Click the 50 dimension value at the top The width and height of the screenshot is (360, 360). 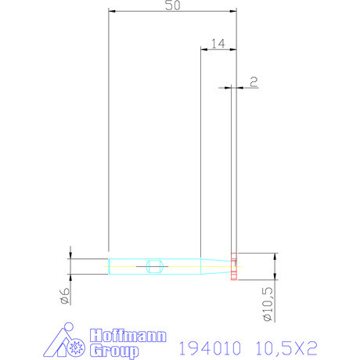point(172,6)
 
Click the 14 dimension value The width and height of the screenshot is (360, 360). point(218,44)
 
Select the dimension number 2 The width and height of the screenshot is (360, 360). point(253,81)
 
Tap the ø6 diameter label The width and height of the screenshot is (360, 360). point(65,295)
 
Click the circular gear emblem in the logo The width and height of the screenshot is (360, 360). point(76,345)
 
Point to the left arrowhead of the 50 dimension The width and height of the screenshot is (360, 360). point(111,12)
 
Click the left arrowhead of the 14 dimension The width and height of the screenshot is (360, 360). point(204,49)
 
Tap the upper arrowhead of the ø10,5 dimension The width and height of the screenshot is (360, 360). point(275,255)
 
